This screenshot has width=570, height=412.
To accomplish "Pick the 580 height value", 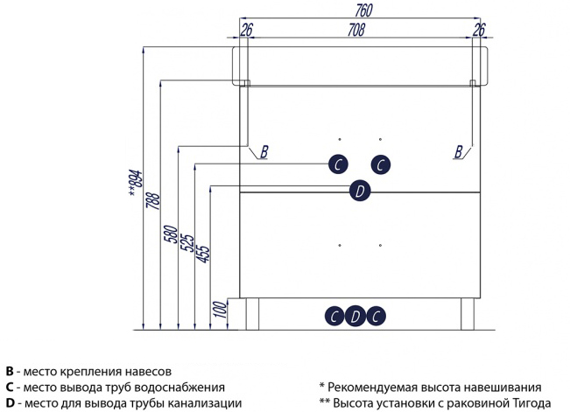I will point(170,236).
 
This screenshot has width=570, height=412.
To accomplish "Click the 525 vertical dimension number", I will point(186,240).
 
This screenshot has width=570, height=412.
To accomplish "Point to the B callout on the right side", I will point(458,152).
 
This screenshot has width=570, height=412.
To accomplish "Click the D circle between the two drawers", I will point(359,191).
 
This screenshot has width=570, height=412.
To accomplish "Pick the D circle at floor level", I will point(355,317).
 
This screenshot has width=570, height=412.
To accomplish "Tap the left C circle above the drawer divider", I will point(338,164).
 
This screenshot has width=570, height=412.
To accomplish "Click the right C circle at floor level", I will point(376,317).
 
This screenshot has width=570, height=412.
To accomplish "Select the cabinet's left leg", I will point(253,313).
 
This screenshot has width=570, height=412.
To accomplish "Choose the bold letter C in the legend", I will point(9,387).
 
